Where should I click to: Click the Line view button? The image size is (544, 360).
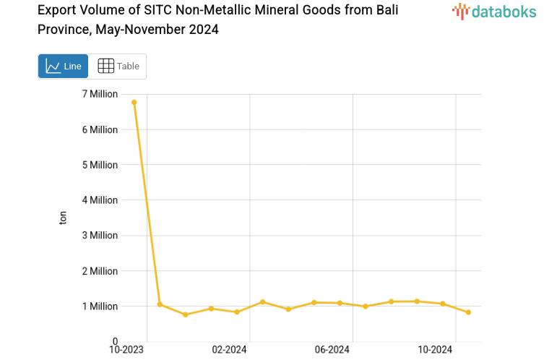63,66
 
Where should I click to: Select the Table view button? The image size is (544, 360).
118,66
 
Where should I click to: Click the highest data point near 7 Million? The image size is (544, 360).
134,102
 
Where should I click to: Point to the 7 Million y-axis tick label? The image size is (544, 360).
100,94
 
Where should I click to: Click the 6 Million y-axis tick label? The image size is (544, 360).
100,129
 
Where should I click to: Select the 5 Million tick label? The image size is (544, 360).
100,165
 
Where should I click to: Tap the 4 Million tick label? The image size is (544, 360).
100,200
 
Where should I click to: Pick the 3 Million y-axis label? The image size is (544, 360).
100,236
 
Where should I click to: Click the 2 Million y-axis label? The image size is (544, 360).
100,271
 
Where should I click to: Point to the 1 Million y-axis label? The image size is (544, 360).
100,307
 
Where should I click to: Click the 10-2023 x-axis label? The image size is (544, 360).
126,350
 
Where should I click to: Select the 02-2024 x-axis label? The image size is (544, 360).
229,350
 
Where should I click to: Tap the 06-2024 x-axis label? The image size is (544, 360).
332,350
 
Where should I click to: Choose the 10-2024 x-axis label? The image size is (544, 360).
435,350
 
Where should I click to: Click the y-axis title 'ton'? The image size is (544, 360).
63,218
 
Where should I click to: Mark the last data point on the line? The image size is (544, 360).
468,312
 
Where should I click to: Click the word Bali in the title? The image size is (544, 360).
383,11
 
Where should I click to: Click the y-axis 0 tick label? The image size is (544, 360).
115,341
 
